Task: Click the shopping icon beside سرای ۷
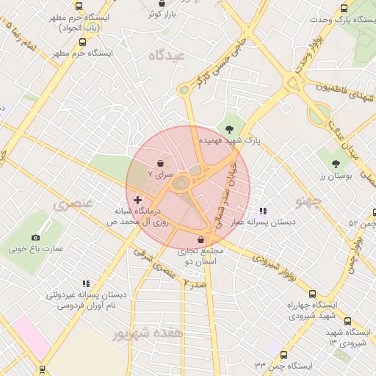click(x=161, y=163)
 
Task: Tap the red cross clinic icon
click(x=137, y=200)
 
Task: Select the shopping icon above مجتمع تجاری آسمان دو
click(x=201, y=239)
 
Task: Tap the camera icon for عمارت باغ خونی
click(x=36, y=238)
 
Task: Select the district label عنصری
click(x=73, y=202)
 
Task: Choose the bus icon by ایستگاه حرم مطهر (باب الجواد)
click(x=79, y=7)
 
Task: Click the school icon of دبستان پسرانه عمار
click(x=262, y=211)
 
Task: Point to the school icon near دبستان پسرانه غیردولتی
click(x=86, y=283)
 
